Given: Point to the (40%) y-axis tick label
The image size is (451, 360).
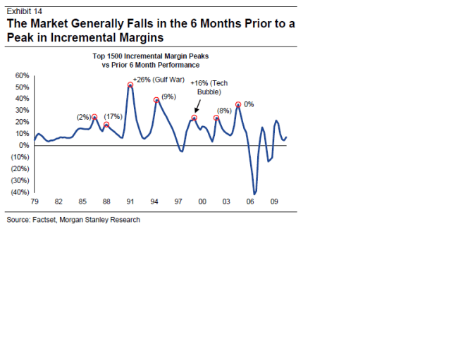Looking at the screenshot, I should pos(19,192).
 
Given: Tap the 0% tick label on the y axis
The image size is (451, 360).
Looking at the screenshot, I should pos(23,145).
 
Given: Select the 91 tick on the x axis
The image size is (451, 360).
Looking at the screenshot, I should pos(130,201).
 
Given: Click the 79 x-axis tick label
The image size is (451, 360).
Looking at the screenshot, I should pos(35,201).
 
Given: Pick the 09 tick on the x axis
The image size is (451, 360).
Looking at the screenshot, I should pos(274,201).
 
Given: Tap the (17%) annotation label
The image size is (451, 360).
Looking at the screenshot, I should pos(113,116).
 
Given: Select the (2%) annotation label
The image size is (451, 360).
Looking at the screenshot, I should pos(84,116).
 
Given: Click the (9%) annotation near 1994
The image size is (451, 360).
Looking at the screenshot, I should pos(168,96).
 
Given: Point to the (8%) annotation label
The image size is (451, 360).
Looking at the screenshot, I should pos(224,111).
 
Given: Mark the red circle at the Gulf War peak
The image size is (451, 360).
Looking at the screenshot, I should pos(130,85).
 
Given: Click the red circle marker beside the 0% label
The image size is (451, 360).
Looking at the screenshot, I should pos(238,104).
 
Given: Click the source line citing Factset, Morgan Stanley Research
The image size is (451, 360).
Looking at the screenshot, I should pos(73,220).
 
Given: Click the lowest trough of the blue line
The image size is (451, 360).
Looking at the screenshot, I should pos(255,193).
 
